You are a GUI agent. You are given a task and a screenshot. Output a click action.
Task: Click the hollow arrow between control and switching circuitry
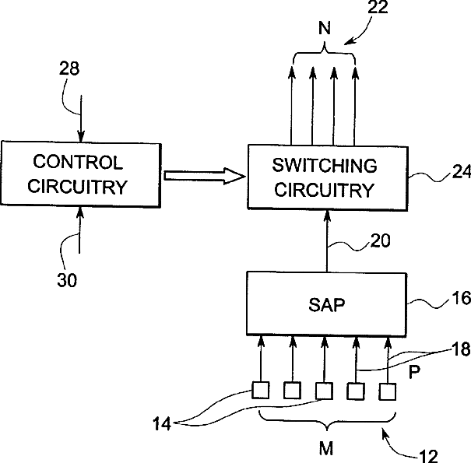tap(205, 177)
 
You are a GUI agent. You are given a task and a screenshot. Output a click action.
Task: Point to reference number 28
tap(69, 68)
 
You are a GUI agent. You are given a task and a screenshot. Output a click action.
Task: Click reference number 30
tap(67, 280)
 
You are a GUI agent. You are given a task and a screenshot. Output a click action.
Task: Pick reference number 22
tap(378, 7)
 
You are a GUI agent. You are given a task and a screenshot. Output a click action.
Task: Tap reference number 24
tap(462, 172)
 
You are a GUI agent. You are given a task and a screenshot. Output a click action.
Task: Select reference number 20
tap(380, 240)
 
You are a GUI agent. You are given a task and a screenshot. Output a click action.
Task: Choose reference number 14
tap(162, 424)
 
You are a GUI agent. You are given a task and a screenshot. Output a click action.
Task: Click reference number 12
tap(428, 457)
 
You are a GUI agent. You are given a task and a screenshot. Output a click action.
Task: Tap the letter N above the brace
tap(325, 28)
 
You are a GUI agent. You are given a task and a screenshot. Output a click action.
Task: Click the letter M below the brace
tap(326, 449)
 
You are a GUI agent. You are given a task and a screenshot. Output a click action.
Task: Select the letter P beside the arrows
tap(414, 372)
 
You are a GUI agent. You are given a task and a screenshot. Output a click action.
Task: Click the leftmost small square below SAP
tap(260, 390)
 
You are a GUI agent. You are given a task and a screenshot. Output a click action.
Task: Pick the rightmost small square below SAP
tap(388, 391)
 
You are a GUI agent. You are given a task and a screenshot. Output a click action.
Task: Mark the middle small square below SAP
tap(324, 391)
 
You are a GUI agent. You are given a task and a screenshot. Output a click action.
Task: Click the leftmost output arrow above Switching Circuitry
tap(291, 106)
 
